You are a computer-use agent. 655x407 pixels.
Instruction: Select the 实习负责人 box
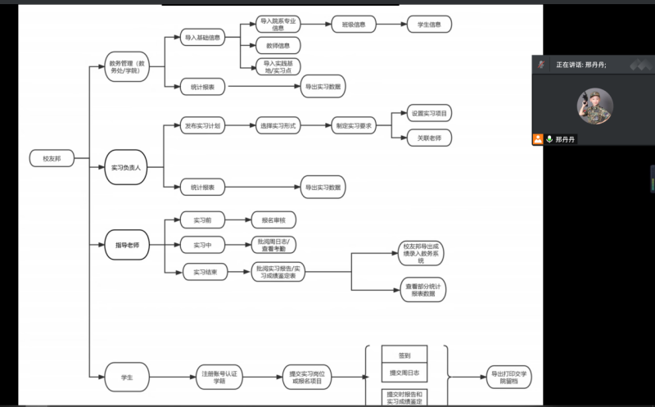pyautogui.click(x=126, y=167)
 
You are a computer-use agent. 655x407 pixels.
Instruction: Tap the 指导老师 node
pyautogui.click(x=126, y=245)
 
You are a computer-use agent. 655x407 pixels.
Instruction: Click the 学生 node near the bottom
pyautogui.click(x=126, y=378)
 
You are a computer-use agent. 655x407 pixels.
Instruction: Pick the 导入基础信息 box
pyautogui.click(x=202, y=38)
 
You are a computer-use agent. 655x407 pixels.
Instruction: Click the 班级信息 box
pyautogui.click(x=354, y=25)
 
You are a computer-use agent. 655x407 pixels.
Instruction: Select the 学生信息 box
pyautogui.click(x=429, y=25)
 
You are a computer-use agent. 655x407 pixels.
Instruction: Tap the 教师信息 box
pyautogui.click(x=278, y=45)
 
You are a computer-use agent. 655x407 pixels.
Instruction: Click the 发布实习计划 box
pyautogui.click(x=202, y=126)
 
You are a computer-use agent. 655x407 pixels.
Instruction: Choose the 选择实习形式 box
pyautogui.click(x=278, y=126)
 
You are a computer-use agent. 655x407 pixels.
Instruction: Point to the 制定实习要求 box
pyautogui.click(x=354, y=126)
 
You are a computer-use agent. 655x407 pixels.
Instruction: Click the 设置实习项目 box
pyautogui.click(x=429, y=113)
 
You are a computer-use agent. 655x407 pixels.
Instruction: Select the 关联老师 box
pyautogui.click(x=429, y=138)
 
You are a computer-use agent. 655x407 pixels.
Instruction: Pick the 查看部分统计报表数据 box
pyautogui.click(x=423, y=289)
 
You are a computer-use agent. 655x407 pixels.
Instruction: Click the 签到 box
pyautogui.click(x=404, y=355)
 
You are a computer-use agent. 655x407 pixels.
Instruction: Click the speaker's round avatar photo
pyautogui.click(x=594, y=106)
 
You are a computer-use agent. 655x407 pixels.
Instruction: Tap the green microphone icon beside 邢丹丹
pyautogui.click(x=549, y=140)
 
